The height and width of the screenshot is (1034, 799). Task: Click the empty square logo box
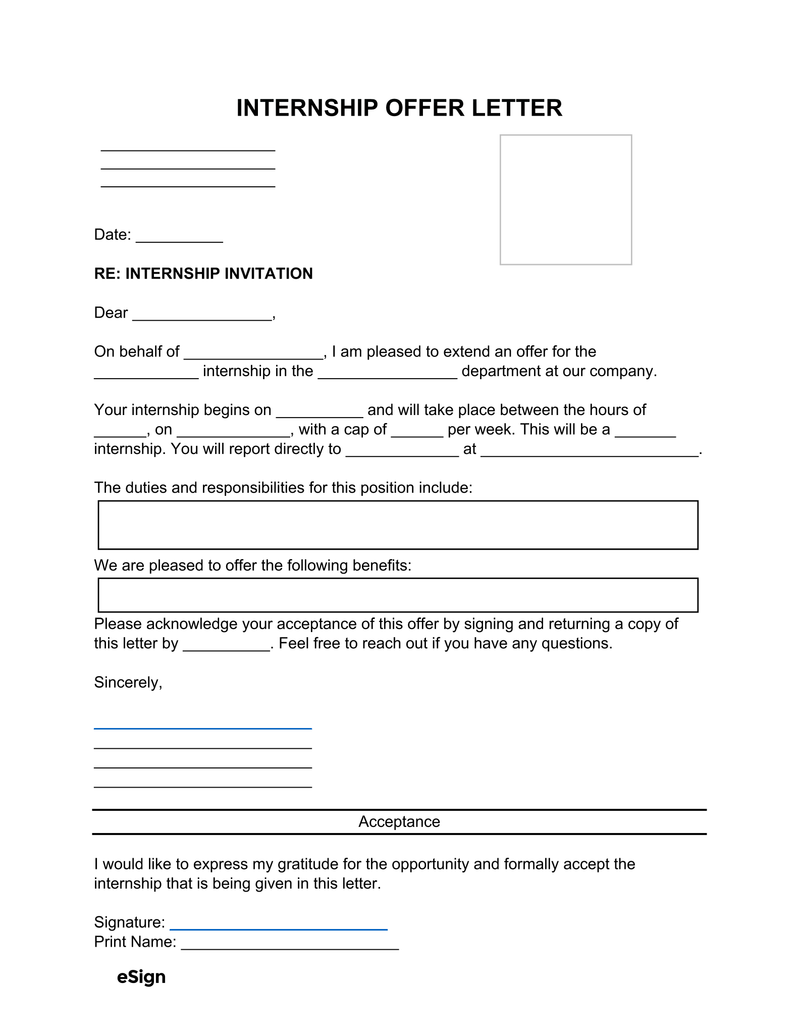(x=565, y=199)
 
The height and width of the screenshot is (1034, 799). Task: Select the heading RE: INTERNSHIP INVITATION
(x=203, y=274)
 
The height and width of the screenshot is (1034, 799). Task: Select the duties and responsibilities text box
(x=398, y=525)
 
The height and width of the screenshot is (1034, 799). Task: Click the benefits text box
(x=398, y=595)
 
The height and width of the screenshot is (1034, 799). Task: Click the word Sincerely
(x=128, y=683)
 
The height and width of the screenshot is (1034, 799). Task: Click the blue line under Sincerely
(x=202, y=728)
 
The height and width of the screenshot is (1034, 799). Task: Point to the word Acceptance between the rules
(x=399, y=821)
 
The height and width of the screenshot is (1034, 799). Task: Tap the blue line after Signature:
(x=278, y=928)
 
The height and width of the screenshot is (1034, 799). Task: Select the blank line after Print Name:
(x=290, y=948)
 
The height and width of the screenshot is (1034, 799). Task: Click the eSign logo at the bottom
(x=141, y=977)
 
